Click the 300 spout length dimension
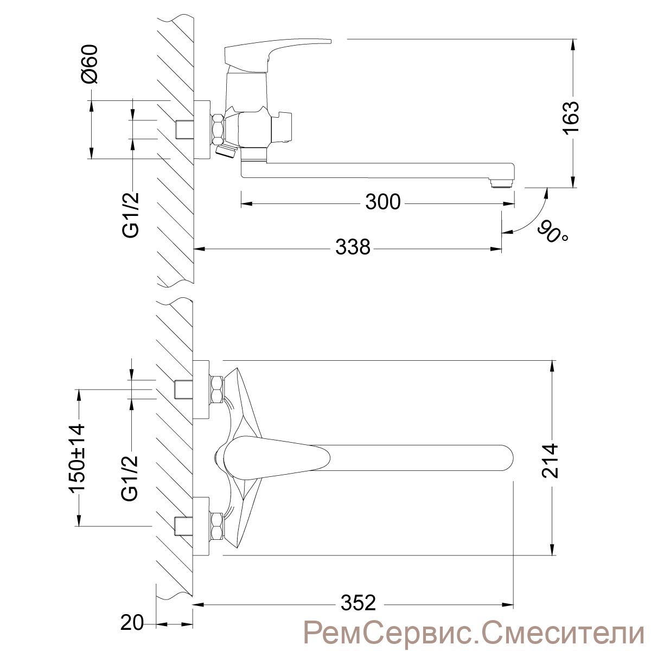pyautogui.click(x=383, y=202)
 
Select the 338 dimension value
pyautogui.click(x=353, y=247)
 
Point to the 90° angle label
pyautogui.click(x=552, y=233)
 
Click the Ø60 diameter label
pyautogui.click(x=90, y=64)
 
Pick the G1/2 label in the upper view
pyautogui.click(x=130, y=215)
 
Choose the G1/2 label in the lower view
pyautogui.click(x=130, y=478)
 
